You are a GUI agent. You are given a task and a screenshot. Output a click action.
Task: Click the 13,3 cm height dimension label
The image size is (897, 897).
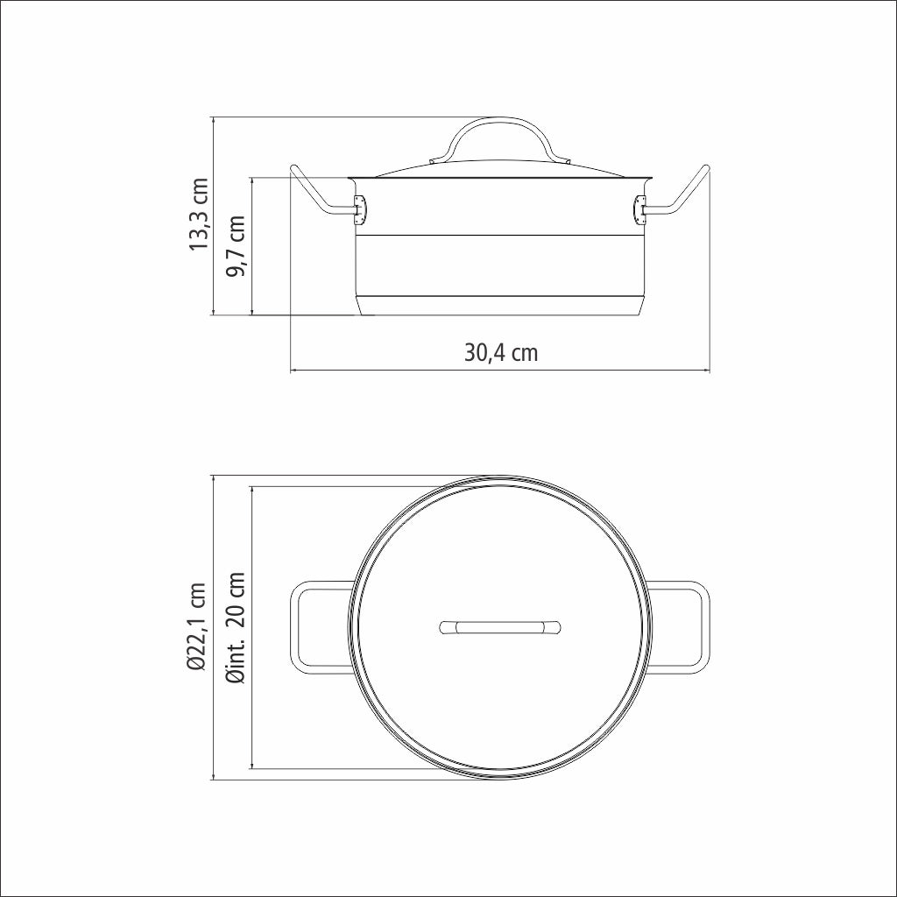[x=200, y=215]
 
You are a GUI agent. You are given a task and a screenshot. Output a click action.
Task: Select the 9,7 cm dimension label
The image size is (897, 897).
[x=235, y=246]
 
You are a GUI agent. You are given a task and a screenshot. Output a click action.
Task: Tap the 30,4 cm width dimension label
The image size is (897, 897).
[x=501, y=353]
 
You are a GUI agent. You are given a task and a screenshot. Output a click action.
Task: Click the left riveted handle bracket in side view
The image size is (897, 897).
[x=359, y=208]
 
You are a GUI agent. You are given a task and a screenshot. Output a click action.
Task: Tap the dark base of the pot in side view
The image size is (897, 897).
[x=501, y=305]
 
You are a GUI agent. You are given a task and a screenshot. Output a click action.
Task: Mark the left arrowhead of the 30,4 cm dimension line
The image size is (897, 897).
[x=293, y=371]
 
